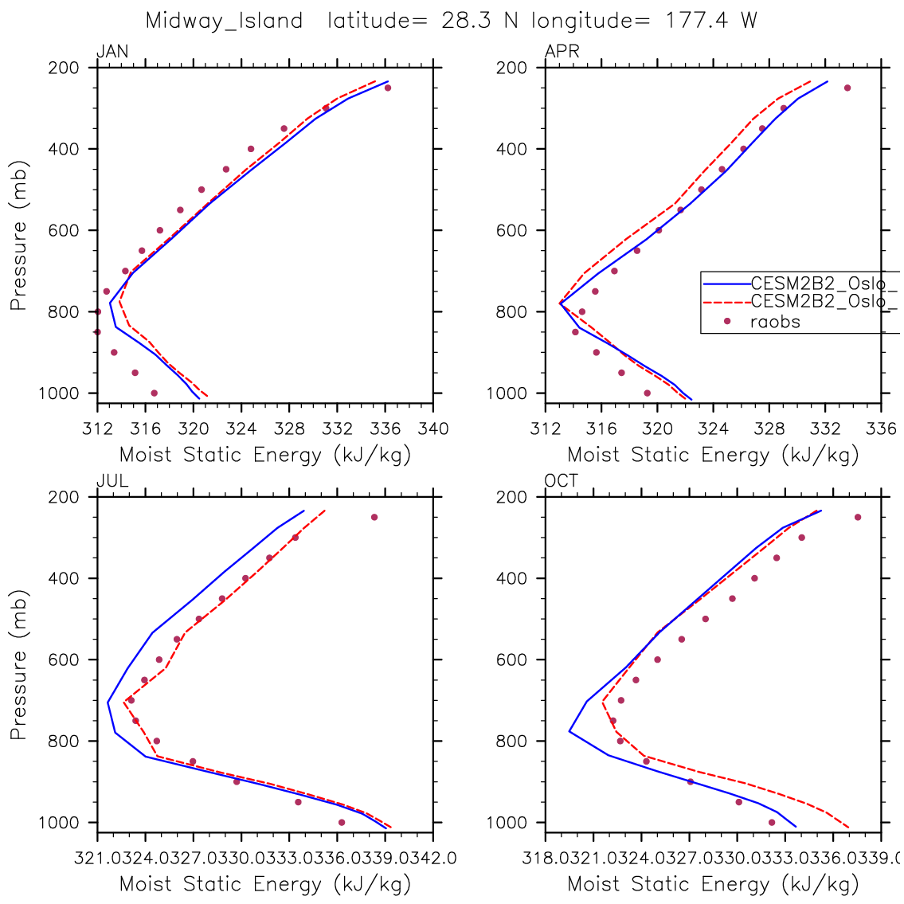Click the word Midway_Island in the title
(x=224, y=22)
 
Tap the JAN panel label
(x=112, y=53)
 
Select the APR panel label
(x=562, y=53)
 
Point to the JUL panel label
(x=112, y=481)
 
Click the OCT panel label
(x=562, y=481)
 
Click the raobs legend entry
(x=775, y=322)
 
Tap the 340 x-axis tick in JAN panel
(x=433, y=429)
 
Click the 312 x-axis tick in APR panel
(x=546, y=429)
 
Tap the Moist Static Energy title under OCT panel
(x=713, y=884)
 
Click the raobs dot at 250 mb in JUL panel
(x=374, y=517)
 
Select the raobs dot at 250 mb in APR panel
(x=847, y=88)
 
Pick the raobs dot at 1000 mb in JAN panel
(x=154, y=393)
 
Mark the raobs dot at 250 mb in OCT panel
(x=858, y=517)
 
